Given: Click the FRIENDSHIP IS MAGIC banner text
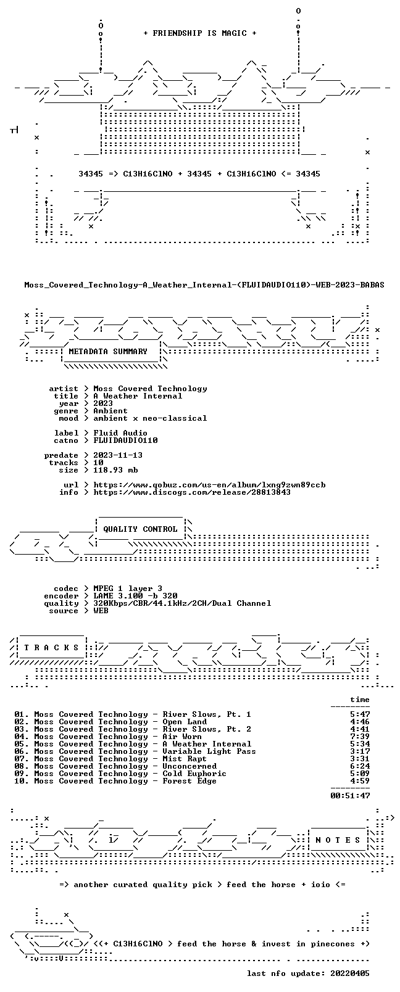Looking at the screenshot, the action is (200, 33).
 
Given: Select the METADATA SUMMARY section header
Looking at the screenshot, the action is (107, 352).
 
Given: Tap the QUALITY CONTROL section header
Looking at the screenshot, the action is (140, 529).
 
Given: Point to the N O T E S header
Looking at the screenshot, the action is (338, 840).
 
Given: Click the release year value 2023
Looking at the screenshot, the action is (102, 403).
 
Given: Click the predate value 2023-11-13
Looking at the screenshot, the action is (118, 455).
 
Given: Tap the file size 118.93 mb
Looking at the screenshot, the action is (115, 470).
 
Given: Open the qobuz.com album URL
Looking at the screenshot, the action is (209, 485).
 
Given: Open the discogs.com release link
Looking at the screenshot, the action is (192, 492).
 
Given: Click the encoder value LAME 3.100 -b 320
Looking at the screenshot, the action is (135, 596).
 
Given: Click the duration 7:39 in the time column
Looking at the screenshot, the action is (360, 737).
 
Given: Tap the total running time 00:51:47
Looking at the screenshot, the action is (350, 796).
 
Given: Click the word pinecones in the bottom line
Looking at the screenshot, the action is (333, 944).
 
